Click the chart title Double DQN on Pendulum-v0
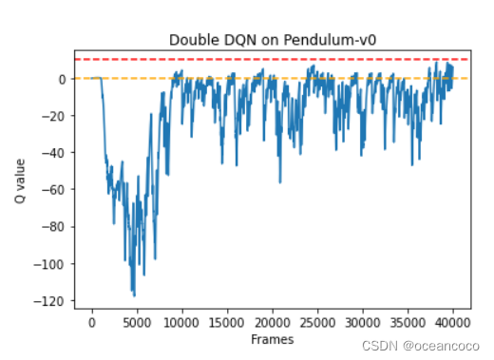coord(273,40)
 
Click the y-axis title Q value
coord(20,181)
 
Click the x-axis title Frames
coord(273,339)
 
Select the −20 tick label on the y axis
coord(53,116)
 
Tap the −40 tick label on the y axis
coord(53,153)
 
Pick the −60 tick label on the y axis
coord(53,190)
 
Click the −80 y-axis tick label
coord(53,227)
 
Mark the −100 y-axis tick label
coord(49,264)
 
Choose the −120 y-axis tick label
coord(49,301)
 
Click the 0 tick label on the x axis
coord(92,323)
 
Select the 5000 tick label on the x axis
coord(137,323)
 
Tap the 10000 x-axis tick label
coord(181,323)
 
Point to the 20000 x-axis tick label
coord(273,323)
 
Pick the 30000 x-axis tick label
coord(363,323)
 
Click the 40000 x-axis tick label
coord(453,323)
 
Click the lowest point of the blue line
coord(134,296)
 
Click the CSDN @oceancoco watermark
coord(421,346)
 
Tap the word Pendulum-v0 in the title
coord(330,40)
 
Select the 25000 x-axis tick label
coord(317,323)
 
